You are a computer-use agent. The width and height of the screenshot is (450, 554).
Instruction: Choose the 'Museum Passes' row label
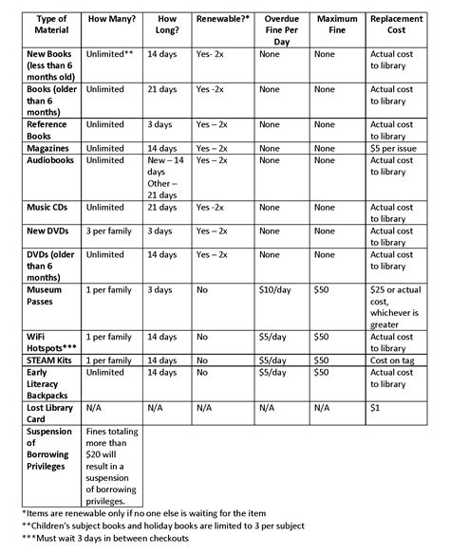pyautogui.click(x=47, y=294)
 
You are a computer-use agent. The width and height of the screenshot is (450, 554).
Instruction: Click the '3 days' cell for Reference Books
pyautogui.click(x=159, y=123)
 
